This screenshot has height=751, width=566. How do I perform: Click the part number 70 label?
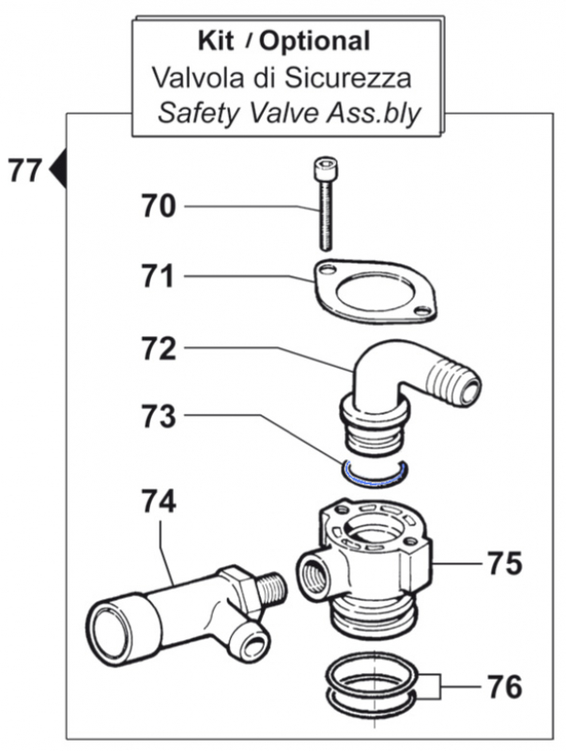(x=159, y=206)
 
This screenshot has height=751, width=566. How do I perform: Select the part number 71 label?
(x=159, y=277)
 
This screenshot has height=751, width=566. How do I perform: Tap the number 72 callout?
(x=159, y=349)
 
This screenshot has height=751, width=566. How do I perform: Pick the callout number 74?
(x=159, y=502)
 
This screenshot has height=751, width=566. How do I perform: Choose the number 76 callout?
(x=503, y=687)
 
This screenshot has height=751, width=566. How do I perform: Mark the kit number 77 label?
(x=24, y=171)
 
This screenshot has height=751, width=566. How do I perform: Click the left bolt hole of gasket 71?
(x=326, y=270)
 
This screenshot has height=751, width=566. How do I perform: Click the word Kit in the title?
(x=216, y=40)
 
